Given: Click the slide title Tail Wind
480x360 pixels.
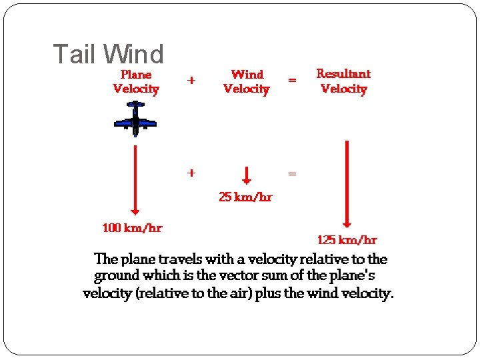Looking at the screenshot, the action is click(108, 55).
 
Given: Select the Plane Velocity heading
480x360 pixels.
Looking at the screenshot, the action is click(136, 81).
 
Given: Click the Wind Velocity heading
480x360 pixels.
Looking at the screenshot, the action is click(247, 81).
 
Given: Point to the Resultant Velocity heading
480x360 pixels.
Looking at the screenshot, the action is click(343, 81).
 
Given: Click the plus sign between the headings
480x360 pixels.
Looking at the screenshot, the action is click(191, 81).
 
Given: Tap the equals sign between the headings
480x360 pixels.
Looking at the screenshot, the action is click(292, 81).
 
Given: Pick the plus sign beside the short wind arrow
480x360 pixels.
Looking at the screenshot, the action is click(191, 173).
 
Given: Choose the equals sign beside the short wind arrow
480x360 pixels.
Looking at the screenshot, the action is click(292, 173).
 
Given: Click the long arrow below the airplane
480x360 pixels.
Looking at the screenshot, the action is click(135, 180).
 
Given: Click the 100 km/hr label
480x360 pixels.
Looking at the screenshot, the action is click(132, 228).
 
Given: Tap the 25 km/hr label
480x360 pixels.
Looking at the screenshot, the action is click(245, 197).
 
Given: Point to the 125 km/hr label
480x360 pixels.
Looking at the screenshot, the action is click(347, 240).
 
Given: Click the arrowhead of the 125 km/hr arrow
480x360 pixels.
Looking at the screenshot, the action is click(347, 223).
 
